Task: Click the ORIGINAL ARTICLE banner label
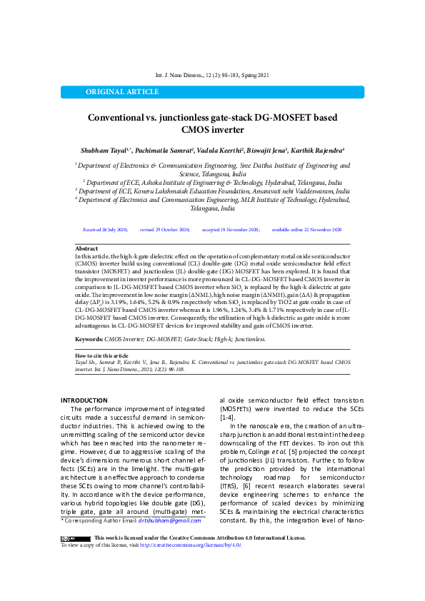pos(113,92)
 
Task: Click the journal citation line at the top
pos(212,75)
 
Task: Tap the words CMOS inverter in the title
pos(213,130)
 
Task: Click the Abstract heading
pos(86,248)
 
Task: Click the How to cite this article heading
pos(101,355)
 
